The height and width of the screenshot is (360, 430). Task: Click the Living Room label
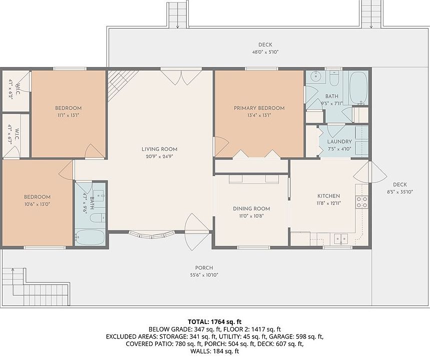pos(159,149)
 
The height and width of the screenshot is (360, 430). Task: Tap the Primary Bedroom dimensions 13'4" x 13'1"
pos(259,115)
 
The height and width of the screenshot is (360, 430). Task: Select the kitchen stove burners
pos(362,202)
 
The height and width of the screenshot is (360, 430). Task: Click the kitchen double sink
pos(341,239)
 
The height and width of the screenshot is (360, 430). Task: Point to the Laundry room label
pos(339,141)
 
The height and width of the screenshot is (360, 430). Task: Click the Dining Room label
pos(251,209)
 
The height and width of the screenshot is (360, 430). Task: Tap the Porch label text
pos(204,268)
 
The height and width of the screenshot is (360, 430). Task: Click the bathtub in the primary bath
pos(359,87)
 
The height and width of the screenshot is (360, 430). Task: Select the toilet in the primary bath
pos(334,78)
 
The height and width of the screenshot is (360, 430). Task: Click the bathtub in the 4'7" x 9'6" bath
pos(90,237)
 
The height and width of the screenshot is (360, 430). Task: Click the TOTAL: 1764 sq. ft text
pos(214,321)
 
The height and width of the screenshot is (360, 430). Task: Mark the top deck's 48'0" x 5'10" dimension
pos(265,52)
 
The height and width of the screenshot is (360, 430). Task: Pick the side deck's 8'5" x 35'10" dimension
pos(400,192)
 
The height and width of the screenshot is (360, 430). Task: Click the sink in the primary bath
pos(316,76)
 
